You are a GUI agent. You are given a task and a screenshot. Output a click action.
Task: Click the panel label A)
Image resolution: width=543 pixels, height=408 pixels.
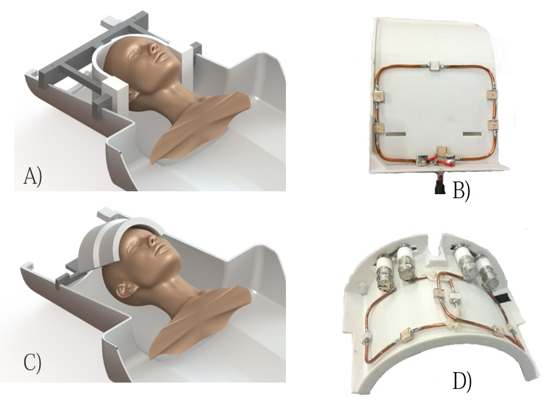(32, 176)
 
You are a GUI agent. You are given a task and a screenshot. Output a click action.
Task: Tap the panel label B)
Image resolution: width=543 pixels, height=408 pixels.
(462, 191)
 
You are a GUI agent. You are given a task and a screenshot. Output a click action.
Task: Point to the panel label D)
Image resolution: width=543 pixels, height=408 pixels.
(462, 381)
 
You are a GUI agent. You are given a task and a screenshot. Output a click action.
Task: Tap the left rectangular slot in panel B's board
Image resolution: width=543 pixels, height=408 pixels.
(396, 133)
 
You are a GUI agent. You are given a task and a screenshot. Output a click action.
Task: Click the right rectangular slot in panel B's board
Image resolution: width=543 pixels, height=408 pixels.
(473, 133)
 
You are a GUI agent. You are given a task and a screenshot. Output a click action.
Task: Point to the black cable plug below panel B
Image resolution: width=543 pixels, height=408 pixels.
(440, 187)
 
